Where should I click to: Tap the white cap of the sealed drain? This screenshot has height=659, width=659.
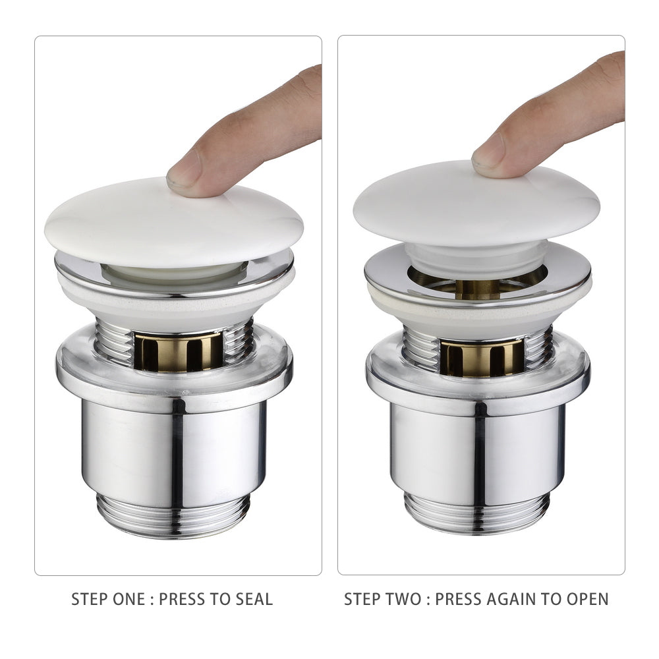click(x=173, y=223)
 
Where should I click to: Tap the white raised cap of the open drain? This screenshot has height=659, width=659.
click(x=476, y=204)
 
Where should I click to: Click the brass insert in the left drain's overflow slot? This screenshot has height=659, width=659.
click(x=178, y=352)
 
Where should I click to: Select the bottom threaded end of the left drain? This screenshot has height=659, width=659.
click(x=173, y=516)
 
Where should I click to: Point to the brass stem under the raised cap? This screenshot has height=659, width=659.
click(x=477, y=289)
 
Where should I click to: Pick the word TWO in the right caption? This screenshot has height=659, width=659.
click(x=404, y=599)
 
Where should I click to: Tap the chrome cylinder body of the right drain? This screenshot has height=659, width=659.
click(x=477, y=452)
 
